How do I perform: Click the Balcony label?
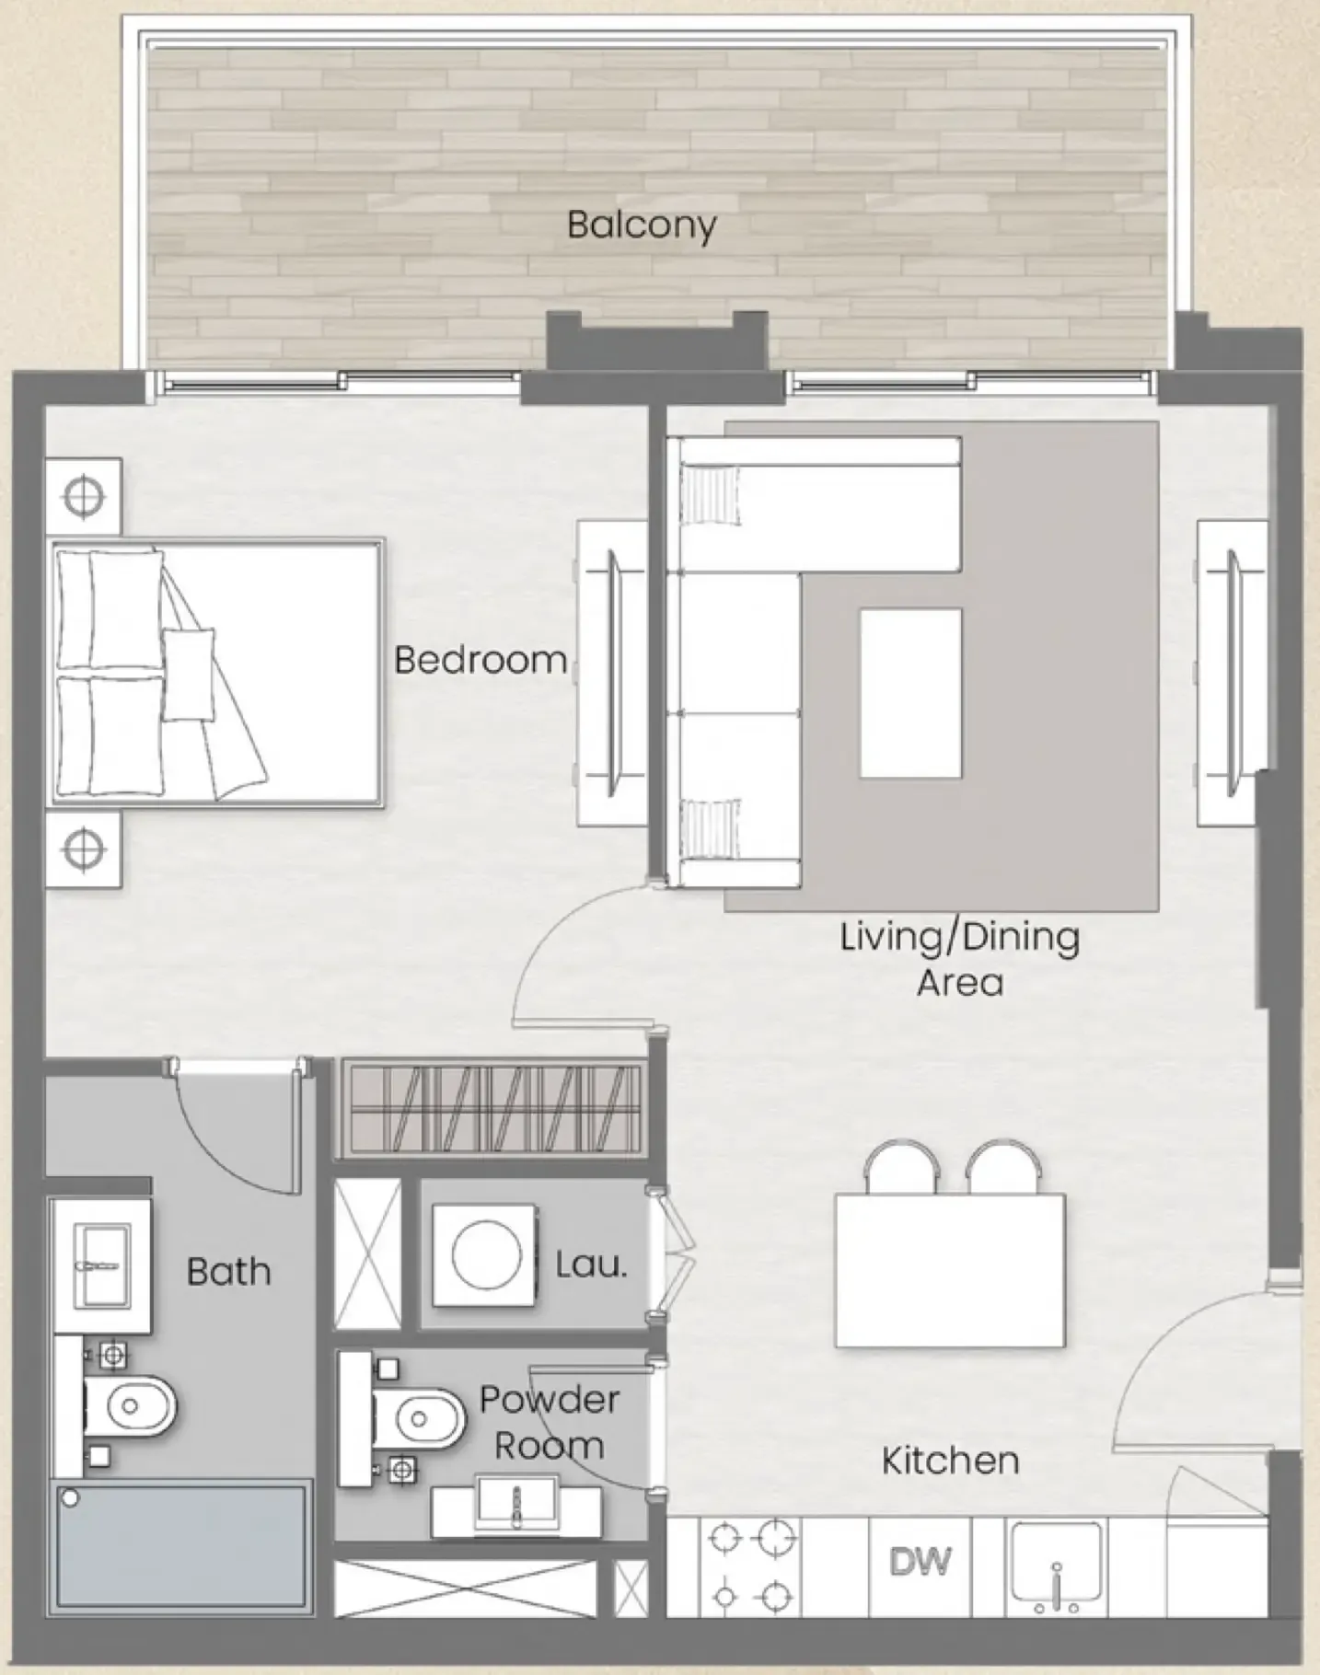click(x=642, y=225)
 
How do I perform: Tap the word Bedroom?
click(x=480, y=660)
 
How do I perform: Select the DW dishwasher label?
click(x=920, y=1562)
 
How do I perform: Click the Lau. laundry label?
click(x=591, y=1265)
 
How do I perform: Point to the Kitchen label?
click(x=950, y=1461)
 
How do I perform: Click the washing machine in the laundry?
click(x=485, y=1254)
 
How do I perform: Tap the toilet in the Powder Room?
click(x=419, y=1418)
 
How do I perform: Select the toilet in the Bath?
click(x=129, y=1406)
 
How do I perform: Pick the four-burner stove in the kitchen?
click(x=750, y=1565)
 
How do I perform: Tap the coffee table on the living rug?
click(x=910, y=693)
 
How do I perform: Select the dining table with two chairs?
click(x=950, y=1271)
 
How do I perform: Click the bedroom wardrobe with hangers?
click(x=494, y=1108)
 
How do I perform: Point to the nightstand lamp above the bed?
click(x=83, y=497)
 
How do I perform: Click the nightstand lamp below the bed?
click(x=83, y=849)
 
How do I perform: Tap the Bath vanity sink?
click(x=101, y=1265)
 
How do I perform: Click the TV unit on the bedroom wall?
click(x=611, y=673)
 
